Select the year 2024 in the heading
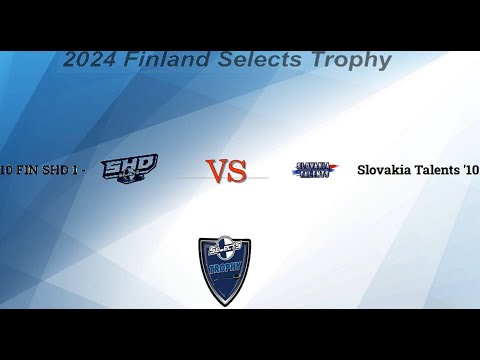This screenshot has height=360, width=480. (91, 60)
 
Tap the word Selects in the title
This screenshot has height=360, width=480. (258, 60)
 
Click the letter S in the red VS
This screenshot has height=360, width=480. (237, 172)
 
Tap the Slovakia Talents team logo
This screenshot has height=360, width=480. (315, 171)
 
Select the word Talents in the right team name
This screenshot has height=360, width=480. (437, 170)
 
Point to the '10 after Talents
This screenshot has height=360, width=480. (470, 170)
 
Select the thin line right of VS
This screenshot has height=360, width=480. (258, 178)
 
